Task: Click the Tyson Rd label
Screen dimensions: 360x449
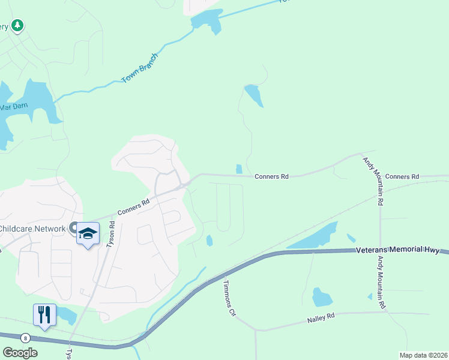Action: click(110, 233)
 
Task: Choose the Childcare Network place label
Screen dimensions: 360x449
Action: click(32, 229)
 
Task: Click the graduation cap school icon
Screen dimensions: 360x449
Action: click(88, 233)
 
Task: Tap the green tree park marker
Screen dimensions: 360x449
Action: click(19, 25)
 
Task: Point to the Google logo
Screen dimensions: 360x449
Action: click(20, 353)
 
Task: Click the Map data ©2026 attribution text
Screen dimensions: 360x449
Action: click(423, 355)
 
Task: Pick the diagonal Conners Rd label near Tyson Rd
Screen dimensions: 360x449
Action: click(133, 208)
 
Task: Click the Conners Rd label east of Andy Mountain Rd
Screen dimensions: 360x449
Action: click(402, 176)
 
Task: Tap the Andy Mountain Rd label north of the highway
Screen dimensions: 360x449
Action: click(373, 181)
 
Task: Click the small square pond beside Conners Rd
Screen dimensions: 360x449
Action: click(240, 169)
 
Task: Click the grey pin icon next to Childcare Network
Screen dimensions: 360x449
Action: click(73, 228)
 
